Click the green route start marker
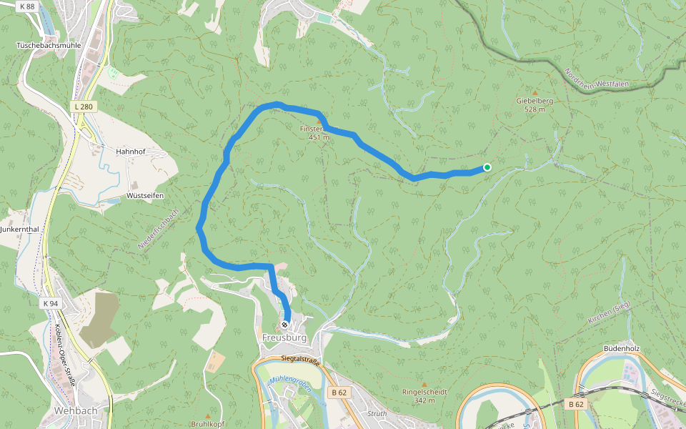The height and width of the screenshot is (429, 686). [487, 167]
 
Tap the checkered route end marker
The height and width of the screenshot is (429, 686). [284, 325]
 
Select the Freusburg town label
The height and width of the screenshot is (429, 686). [284, 337]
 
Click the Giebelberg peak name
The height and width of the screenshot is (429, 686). [535, 101]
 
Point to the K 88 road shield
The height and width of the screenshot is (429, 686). [28, 7]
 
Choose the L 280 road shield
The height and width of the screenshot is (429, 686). [84, 107]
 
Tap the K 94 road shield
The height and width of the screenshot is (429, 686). [49, 303]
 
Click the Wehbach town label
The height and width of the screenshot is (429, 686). [75, 411]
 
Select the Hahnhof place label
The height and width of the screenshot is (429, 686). [131, 152]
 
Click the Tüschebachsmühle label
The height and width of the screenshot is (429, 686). [49, 45]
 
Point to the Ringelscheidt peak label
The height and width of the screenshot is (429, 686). [424, 392]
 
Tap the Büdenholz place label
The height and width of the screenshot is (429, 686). [621, 348]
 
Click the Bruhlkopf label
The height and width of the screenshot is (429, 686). [208, 424]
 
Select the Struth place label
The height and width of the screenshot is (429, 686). [376, 413]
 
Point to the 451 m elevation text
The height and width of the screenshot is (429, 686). [319, 137]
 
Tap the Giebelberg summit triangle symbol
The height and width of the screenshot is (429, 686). [535, 92]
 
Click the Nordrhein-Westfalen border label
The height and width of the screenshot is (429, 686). [597, 79]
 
